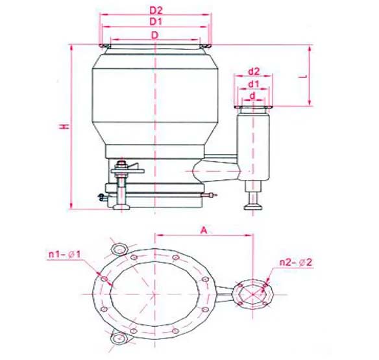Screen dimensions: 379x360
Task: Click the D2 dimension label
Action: [156, 10]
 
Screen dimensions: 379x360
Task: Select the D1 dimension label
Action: [156, 22]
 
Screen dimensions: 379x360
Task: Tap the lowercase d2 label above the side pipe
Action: [254, 71]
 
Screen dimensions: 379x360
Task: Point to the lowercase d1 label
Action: [254, 84]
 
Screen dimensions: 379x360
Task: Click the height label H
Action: [64, 127]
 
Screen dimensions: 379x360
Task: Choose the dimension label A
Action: [204, 230]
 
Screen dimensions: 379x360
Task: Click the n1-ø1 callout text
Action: [64, 255]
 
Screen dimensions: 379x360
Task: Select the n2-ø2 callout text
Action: [296, 262]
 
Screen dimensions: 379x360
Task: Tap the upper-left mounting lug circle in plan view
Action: [119, 249]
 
